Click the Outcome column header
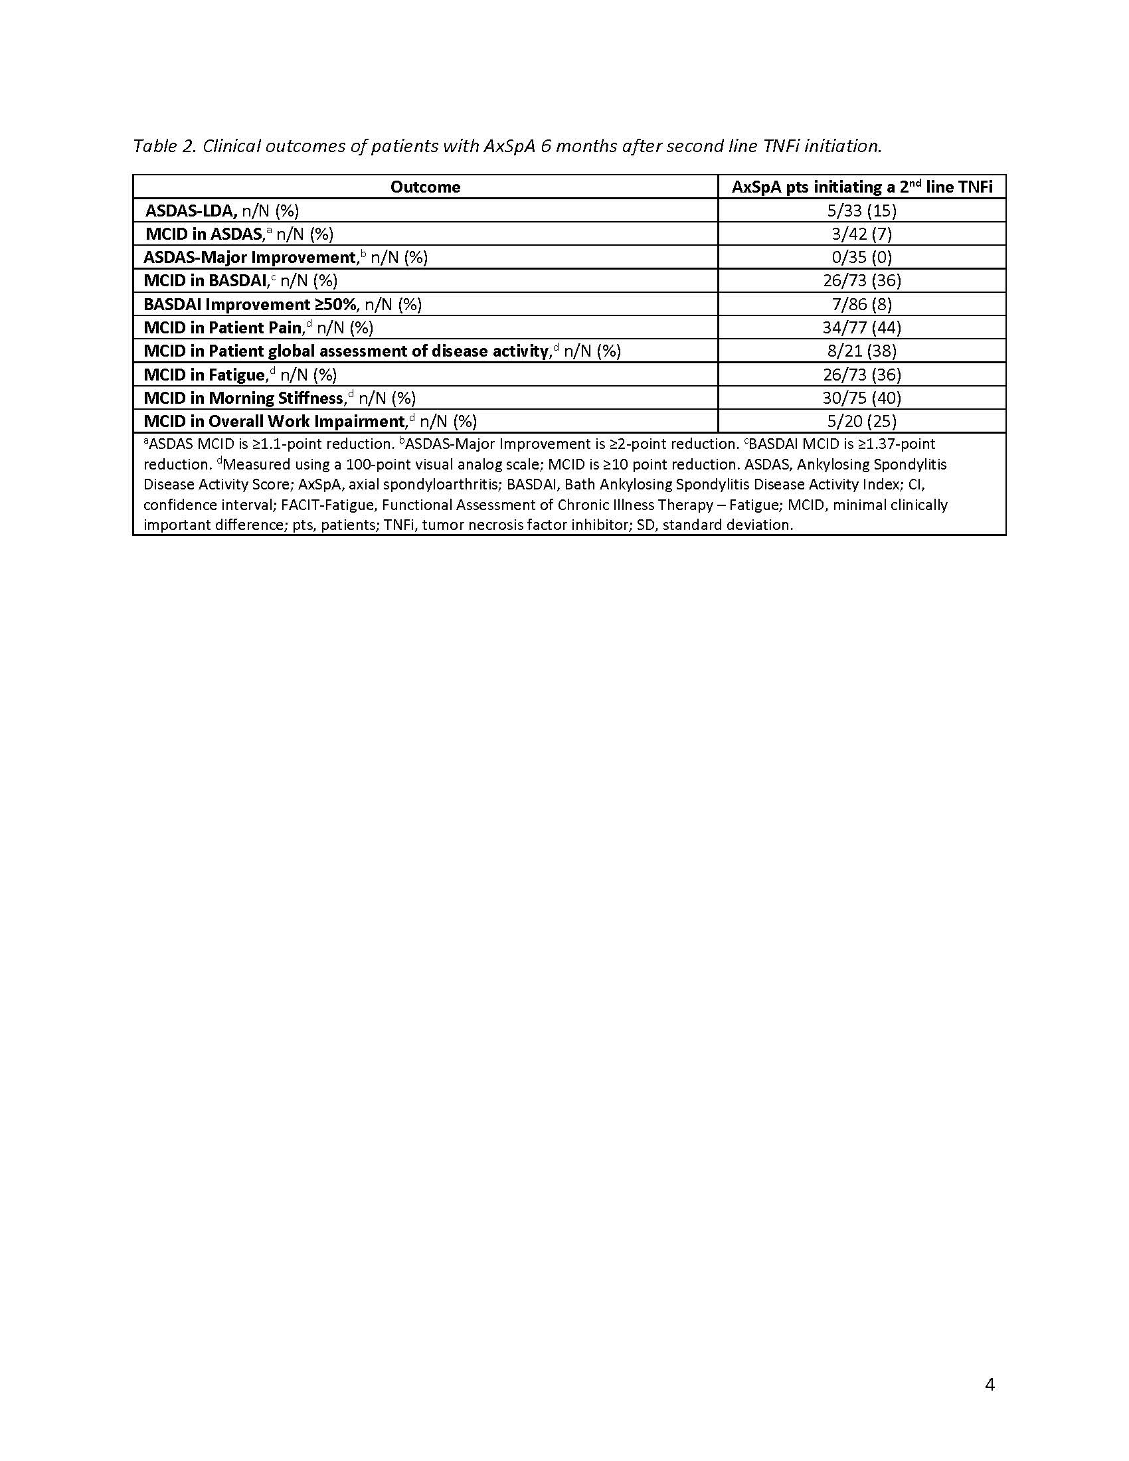point(425,187)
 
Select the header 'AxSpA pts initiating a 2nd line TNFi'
point(861,187)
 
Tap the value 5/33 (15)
point(861,211)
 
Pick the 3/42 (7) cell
point(861,234)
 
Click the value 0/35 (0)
point(861,258)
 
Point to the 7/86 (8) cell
point(861,304)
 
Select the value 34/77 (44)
point(861,328)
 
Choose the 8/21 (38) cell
point(861,351)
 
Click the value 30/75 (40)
point(861,398)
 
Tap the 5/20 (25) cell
point(861,422)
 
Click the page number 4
point(990,1385)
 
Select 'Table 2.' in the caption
point(164,146)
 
